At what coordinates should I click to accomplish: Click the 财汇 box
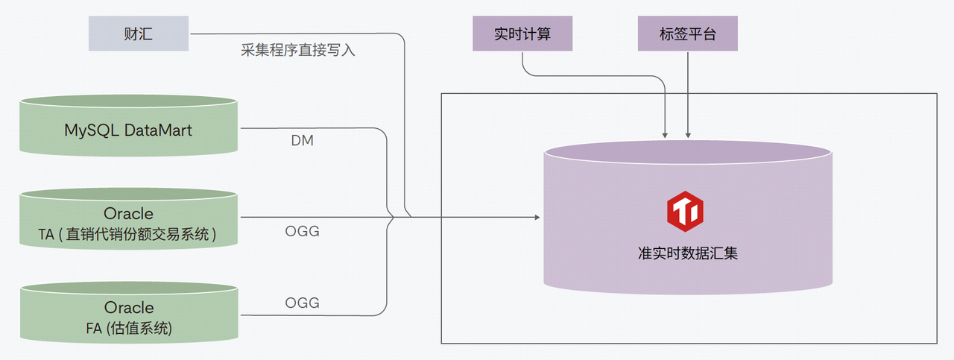(x=138, y=34)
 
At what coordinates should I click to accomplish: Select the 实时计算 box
(x=522, y=34)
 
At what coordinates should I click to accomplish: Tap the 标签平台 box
(x=687, y=34)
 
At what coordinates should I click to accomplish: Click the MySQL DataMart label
(x=128, y=130)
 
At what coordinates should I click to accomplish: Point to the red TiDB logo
(x=687, y=212)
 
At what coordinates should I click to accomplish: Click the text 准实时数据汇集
(x=687, y=253)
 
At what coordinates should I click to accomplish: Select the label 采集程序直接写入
(x=297, y=51)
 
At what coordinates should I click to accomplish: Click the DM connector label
(x=302, y=140)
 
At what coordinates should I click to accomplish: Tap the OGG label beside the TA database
(x=302, y=231)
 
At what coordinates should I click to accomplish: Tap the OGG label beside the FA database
(x=302, y=303)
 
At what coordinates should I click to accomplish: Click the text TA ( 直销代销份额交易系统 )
(x=128, y=235)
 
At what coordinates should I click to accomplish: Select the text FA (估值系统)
(x=128, y=327)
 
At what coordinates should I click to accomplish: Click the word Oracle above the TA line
(x=128, y=214)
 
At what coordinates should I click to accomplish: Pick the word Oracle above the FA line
(x=128, y=307)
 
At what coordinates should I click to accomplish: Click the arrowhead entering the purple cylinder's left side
(x=536, y=218)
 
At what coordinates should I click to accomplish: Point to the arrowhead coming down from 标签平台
(x=687, y=135)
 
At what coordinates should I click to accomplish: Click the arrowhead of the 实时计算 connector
(x=664, y=135)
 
